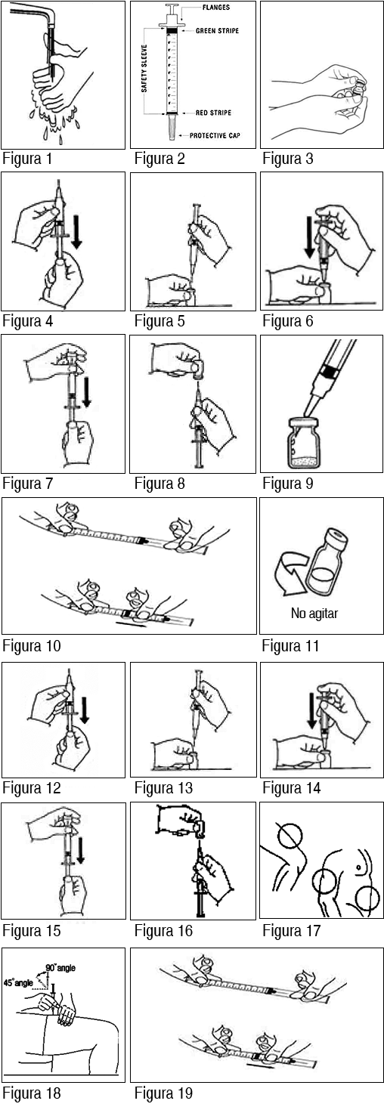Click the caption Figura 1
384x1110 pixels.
[x=27, y=159]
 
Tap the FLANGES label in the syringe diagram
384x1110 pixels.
[x=216, y=8]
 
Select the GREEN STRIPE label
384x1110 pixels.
[x=217, y=31]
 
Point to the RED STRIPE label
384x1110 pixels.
[x=213, y=113]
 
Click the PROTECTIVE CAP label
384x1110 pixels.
[x=215, y=135]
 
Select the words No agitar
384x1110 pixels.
[x=314, y=614]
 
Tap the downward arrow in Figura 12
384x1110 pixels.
[x=85, y=710]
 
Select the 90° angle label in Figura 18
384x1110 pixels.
[x=61, y=967]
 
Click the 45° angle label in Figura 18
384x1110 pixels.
[x=18, y=982]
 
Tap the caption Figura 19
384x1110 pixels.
[x=163, y=1093]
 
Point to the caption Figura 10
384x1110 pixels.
[x=32, y=646]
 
